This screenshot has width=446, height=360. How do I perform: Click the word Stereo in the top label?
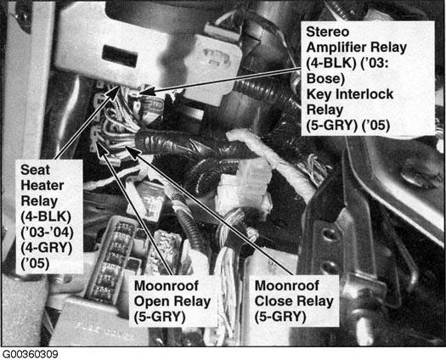click(x=327, y=31)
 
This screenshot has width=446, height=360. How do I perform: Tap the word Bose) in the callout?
click(x=325, y=78)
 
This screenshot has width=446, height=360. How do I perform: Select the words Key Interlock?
click(x=350, y=94)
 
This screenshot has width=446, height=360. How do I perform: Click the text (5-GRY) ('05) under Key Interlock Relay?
click(x=348, y=126)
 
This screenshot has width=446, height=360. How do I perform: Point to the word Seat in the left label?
click(x=36, y=170)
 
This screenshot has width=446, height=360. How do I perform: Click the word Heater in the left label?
click(x=42, y=186)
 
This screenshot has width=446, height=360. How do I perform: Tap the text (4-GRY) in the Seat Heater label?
click(x=47, y=248)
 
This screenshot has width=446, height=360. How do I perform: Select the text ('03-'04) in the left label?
click(x=48, y=233)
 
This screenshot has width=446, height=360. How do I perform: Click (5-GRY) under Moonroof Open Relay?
click(x=160, y=317)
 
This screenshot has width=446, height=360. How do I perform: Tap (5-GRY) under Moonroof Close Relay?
click(x=280, y=317)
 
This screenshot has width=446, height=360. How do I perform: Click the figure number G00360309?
click(x=30, y=354)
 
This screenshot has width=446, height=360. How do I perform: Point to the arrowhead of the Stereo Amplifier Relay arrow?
click(x=145, y=92)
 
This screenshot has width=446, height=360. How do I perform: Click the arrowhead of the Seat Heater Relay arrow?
click(x=113, y=93)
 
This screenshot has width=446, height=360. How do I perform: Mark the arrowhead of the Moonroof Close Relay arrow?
click(x=133, y=151)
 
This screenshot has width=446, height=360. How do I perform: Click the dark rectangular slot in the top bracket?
click(x=120, y=56)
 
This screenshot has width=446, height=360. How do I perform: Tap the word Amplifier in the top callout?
click(x=357, y=48)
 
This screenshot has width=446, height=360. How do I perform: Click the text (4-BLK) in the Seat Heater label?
click(x=46, y=217)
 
